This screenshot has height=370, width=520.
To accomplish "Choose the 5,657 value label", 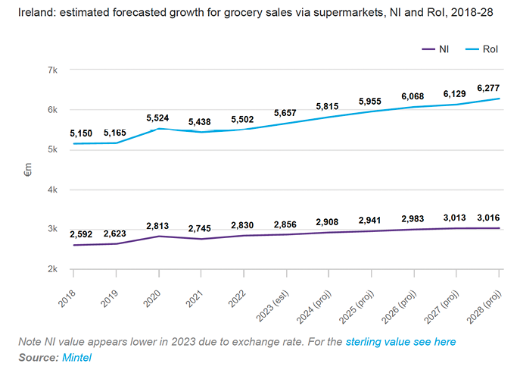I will pyautogui.click(x=288, y=113).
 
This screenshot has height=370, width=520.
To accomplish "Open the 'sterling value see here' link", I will pyautogui.click(x=400, y=342).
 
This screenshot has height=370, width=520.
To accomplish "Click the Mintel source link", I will pyautogui.click(x=75, y=356).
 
